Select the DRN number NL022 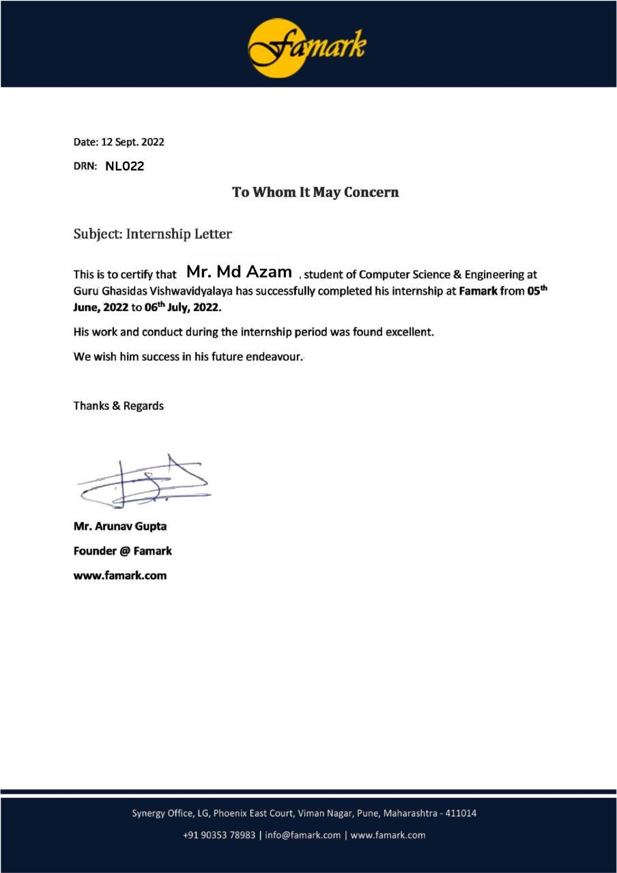click(x=124, y=166)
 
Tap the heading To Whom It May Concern click(x=315, y=192)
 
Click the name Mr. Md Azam click(x=239, y=272)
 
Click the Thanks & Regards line click(x=118, y=406)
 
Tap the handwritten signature click(x=144, y=483)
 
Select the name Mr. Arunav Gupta click(x=119, y=527)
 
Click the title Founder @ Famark click(x=122, y=550)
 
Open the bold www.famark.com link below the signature click(x=119, y=575)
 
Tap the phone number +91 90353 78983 click(x=219, y=835)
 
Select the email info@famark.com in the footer click(x=302, y=835)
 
